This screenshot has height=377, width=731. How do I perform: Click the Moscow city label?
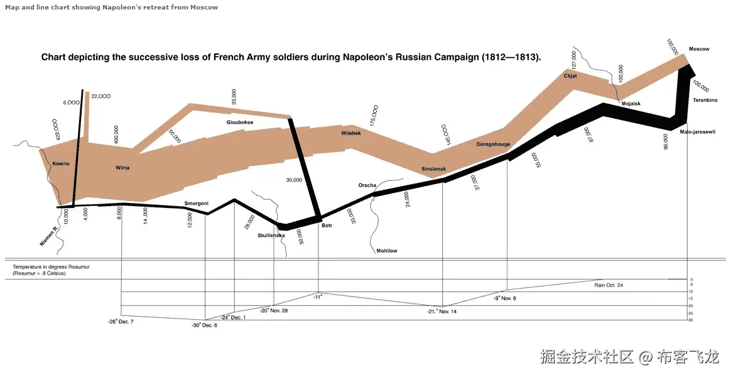coord(698,49)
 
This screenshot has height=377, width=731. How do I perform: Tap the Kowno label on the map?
coord(61,164)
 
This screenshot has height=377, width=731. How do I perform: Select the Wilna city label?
coord(122,168)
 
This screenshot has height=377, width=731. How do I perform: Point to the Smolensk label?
coord(433,169)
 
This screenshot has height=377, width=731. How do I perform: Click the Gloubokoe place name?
coord(240,123)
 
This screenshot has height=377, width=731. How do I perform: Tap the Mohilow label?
coord(387,251)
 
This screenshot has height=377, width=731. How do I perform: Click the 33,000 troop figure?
coord(234,97)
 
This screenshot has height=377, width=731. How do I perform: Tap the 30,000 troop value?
coord(294,180)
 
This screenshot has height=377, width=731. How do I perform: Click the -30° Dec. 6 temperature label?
coord(205,325)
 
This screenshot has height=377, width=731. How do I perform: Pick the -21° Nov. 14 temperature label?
coord(441,312)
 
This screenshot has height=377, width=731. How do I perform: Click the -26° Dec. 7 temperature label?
coord(121,321)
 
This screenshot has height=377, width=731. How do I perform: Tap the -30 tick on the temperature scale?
coord(690,320)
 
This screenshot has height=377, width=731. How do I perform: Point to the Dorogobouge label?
coord(493,144)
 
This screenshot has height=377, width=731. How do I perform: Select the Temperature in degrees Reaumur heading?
coord(51,267)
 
